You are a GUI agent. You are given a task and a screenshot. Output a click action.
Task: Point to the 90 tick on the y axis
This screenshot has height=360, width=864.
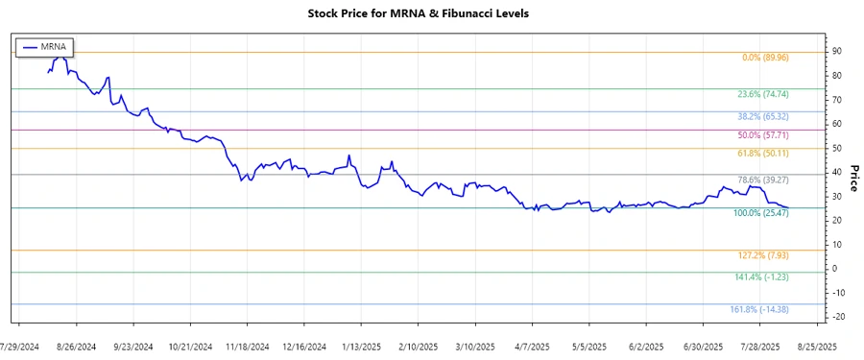(x=837, y=52)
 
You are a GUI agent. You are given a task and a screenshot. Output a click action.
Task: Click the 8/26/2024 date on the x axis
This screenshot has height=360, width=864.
(x=77, y=346)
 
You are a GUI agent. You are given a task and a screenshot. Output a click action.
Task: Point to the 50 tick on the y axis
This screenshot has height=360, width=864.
(x=837, y=148)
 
